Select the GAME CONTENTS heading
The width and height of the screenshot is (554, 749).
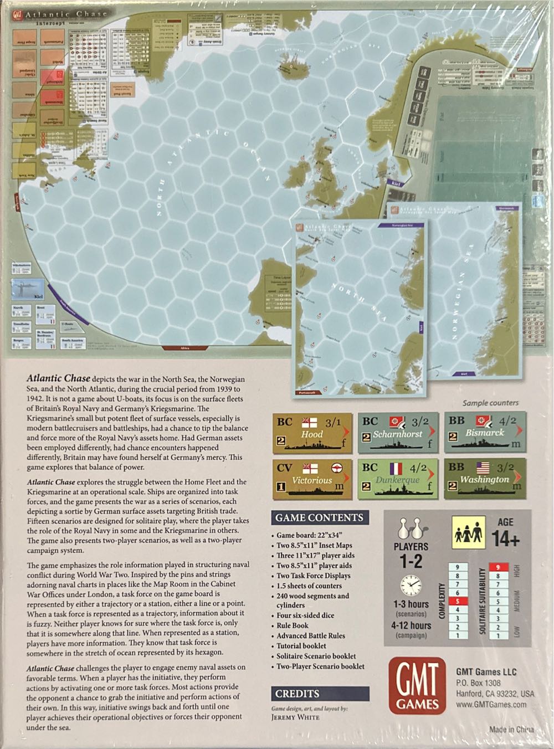coord(319,518)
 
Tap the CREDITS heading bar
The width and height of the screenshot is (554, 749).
coord(297,694)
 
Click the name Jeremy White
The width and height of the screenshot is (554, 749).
coord(295,716)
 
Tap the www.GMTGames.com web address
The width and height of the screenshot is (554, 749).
coord(491,704)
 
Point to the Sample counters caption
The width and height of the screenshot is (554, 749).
coord(490,403)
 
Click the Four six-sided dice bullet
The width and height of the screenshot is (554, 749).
coord(305,615)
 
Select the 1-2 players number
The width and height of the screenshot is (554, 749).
coord(411,561)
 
